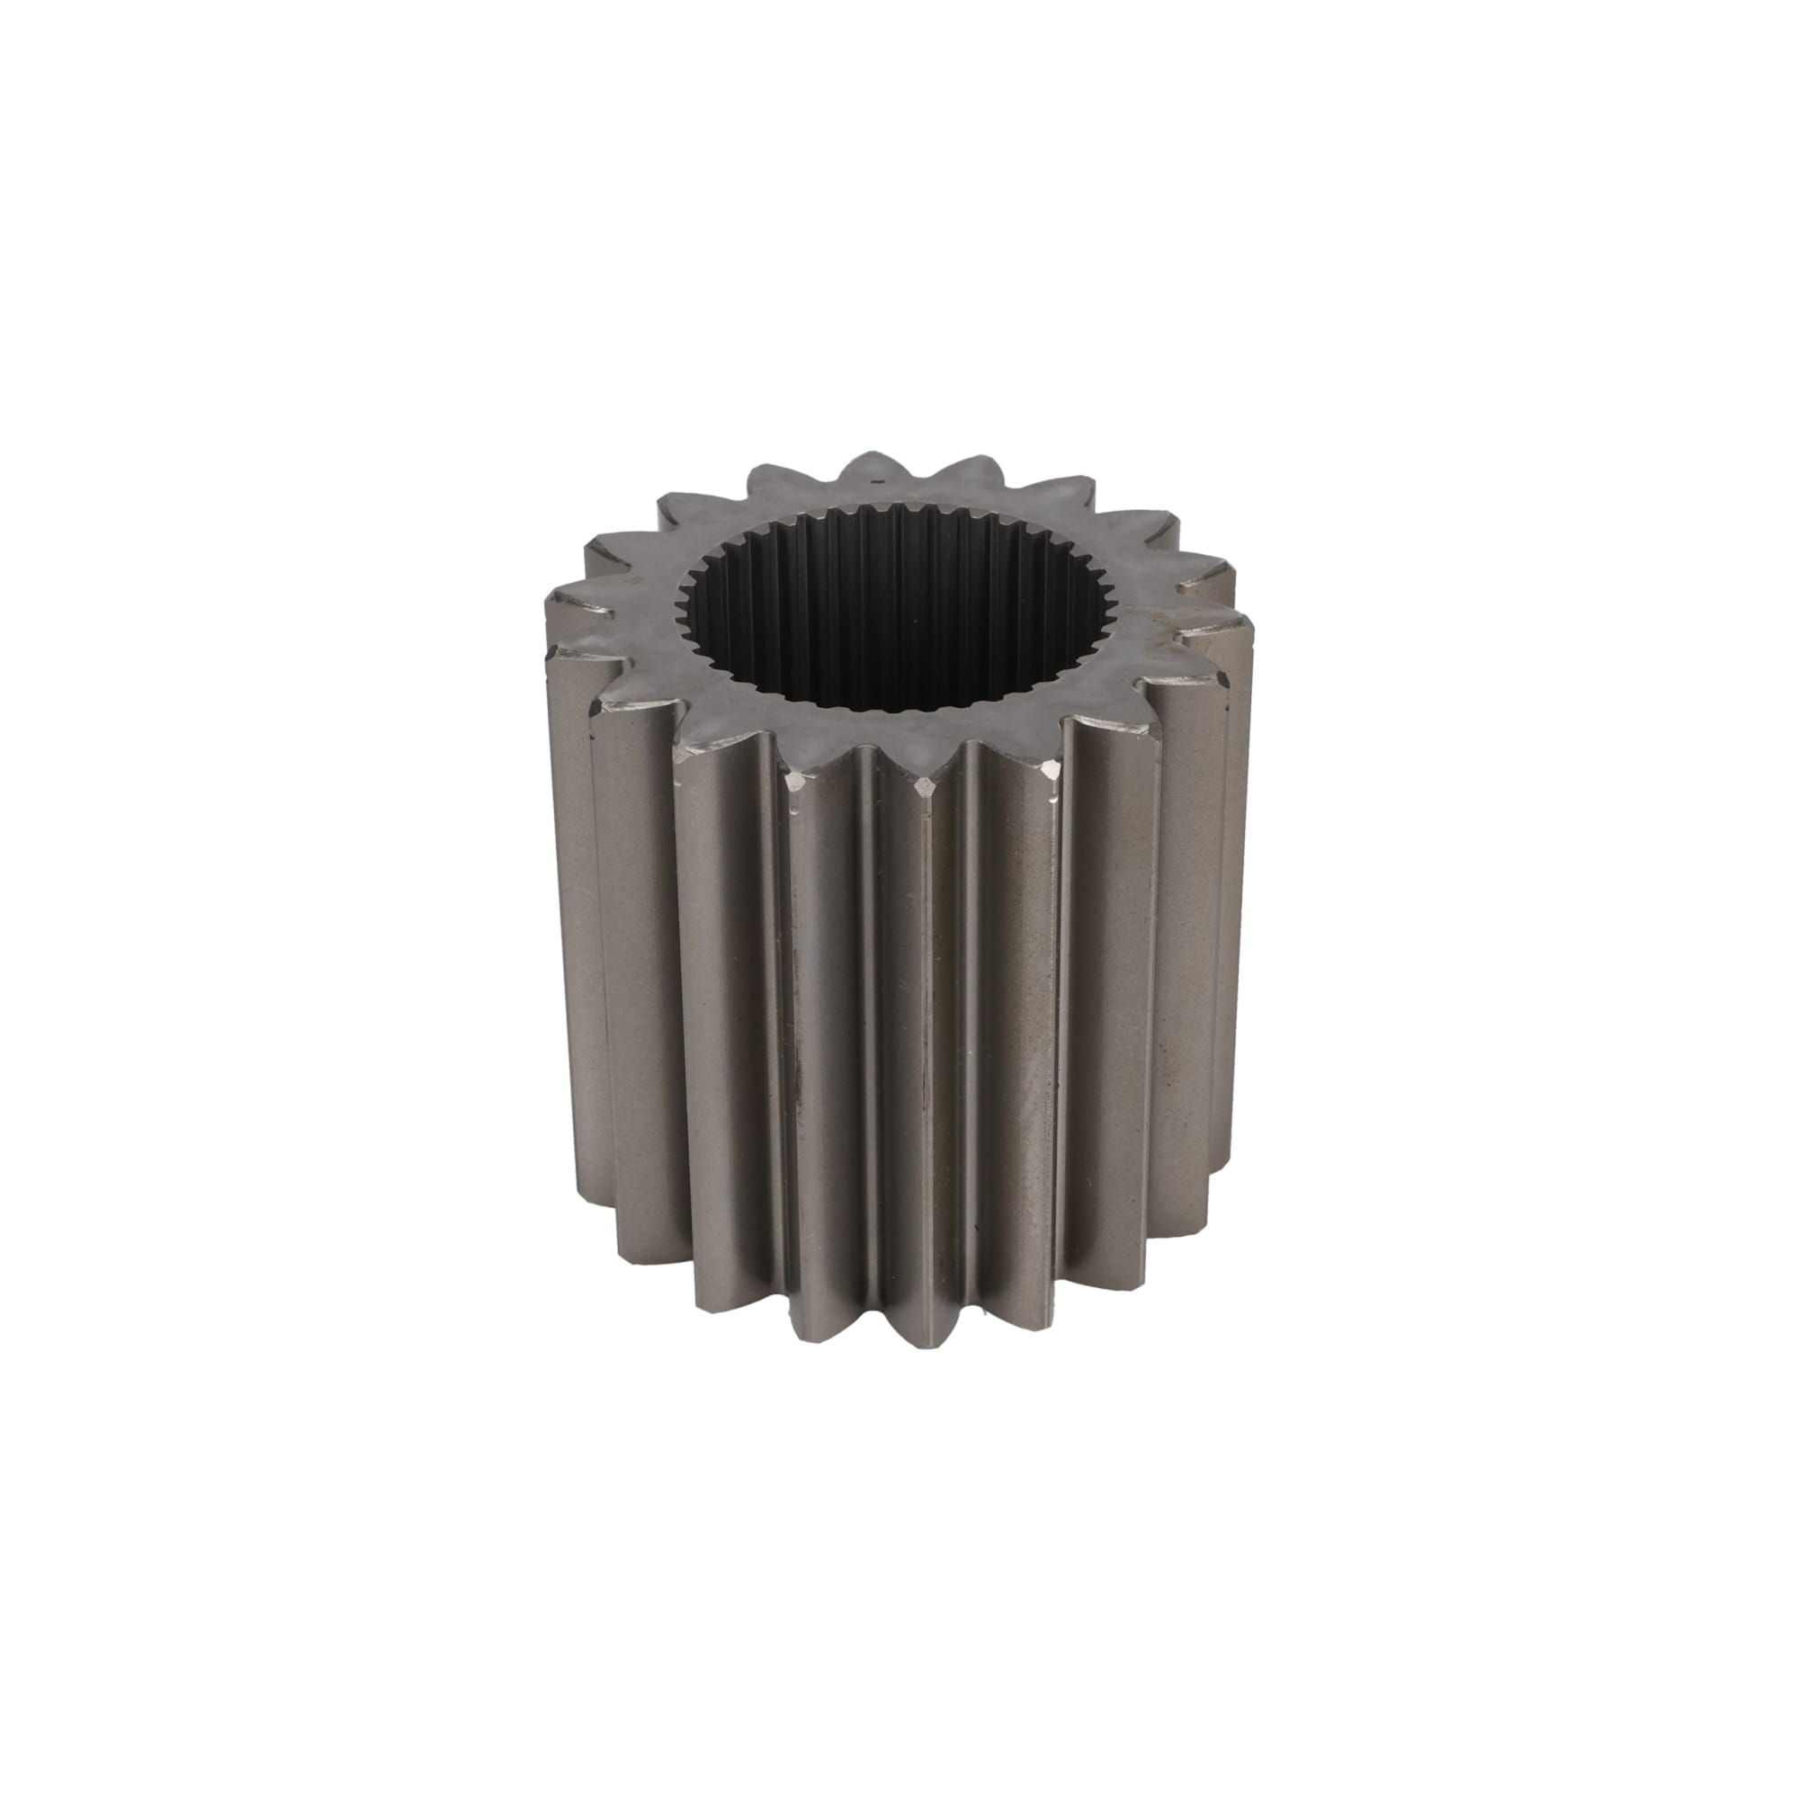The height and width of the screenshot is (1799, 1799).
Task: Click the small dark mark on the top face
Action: (873, 483)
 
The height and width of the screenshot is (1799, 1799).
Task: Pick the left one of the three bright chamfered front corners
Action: (798, 756)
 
